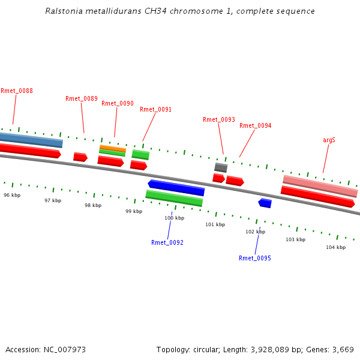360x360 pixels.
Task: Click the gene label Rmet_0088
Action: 17,91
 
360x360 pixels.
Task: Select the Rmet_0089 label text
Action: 82,99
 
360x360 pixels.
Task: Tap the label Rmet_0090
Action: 118,104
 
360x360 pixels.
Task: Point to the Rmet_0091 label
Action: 155,110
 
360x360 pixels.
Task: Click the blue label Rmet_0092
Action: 167,243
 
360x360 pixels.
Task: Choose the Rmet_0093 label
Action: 219,120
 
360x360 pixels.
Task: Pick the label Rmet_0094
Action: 256,126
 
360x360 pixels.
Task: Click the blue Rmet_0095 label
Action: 255,259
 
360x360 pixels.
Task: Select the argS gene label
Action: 329,140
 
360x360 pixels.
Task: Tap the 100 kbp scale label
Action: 174,218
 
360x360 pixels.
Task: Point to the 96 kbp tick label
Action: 12,196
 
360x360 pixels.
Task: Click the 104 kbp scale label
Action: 335,248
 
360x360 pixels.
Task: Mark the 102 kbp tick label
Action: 255,232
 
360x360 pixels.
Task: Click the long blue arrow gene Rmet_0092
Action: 176,188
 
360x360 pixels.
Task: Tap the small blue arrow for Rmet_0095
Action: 265,203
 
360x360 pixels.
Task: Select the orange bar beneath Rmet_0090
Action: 113,148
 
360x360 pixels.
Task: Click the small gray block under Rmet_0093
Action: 221,167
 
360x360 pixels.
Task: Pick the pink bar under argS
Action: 320,185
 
